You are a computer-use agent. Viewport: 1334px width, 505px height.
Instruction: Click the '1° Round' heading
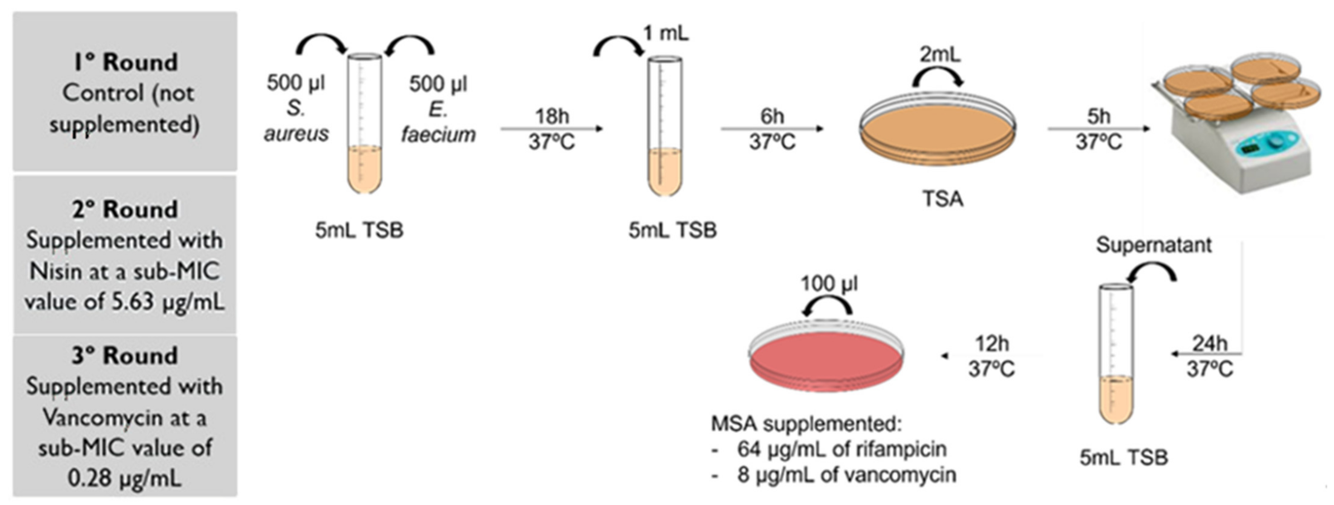point(125,62)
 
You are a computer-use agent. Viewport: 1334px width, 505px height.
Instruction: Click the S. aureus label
point(296,122)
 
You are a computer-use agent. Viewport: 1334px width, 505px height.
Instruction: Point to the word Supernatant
point(1154,245)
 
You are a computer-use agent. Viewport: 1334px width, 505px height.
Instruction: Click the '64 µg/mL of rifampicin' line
point(841,449)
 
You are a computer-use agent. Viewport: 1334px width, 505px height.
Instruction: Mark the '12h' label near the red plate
point(992,344)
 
